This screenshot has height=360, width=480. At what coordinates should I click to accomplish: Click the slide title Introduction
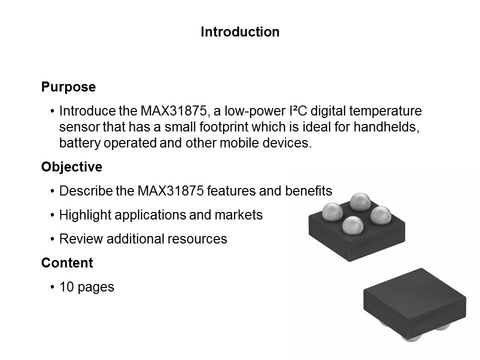pos(240,32)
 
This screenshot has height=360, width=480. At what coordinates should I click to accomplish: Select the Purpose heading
pos(68,87)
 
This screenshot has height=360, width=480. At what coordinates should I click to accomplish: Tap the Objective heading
pos(72,167)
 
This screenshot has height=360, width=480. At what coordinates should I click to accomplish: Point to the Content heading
pos(67,262)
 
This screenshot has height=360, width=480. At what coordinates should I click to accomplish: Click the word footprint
pos(223,126)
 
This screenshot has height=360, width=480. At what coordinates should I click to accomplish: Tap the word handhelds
pos(386,126)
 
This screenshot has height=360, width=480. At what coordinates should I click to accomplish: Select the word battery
pos(79,143)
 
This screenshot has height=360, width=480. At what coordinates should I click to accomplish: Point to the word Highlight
pos(85,215)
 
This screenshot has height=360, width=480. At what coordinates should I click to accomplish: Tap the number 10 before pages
pos(66,287)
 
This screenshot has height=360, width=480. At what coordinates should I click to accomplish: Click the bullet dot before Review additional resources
pos(52,239)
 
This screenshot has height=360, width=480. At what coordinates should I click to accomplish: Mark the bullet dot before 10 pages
pos(52,287)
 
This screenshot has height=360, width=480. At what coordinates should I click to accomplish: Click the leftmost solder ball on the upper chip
pos(332,211)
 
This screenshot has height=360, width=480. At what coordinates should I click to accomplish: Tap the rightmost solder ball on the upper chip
pos(381,215)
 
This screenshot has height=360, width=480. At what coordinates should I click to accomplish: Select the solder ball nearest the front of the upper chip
pos(352,225)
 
